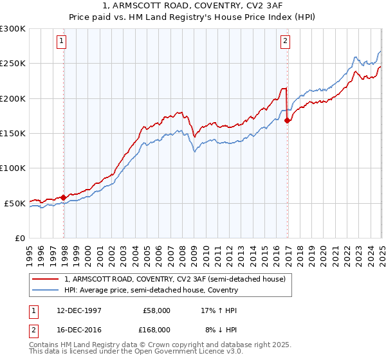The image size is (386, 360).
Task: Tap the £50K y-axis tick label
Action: (x=15, y=203)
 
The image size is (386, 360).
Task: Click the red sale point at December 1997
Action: (x=64, y=197)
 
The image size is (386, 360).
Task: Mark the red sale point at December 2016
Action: (x=287, y=121)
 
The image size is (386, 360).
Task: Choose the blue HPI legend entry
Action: (x=151, y=290)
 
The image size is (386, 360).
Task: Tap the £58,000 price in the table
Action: (x=156, y=310)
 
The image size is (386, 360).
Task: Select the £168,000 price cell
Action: (x=155, y=329)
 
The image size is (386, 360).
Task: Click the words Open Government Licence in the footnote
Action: (x=188, y=352)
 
